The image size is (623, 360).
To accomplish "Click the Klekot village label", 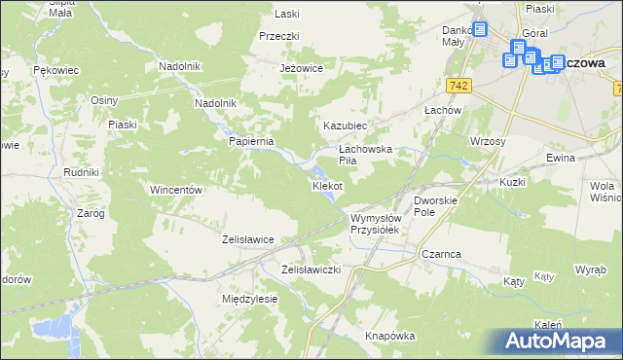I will pos(326,185).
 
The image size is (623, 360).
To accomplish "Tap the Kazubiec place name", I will pos(345,126).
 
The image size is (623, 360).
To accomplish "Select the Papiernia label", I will pos(252,140).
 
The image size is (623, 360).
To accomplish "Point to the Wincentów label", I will pos(175,190).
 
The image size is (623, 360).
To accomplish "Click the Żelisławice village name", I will pos(247,238).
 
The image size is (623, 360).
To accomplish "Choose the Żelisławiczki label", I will pos(311,269).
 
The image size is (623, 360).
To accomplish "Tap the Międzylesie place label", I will pos(250,299).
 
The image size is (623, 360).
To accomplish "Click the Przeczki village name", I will pos(278,35).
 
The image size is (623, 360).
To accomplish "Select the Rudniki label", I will pos(82,172).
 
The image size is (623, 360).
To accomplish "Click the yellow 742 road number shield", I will pos(461,87).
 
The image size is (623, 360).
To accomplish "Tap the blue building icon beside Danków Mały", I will pos(479,31).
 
